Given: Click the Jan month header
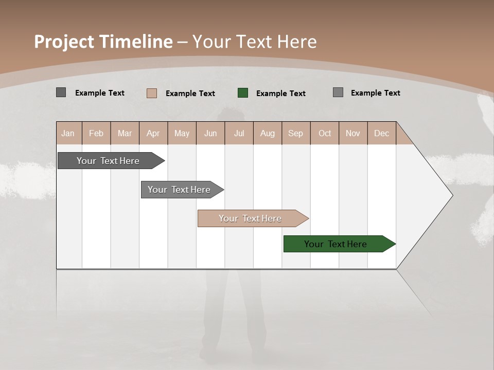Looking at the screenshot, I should tap(68, 133).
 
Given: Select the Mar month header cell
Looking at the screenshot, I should tap(125, 133).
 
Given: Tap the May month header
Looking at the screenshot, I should tap(182, 133).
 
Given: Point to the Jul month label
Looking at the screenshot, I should tap(239, 133).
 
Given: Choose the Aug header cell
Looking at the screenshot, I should tap(267, 133).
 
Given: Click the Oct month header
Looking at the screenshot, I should tap(325, 133).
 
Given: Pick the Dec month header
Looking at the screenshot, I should tap(381, 133).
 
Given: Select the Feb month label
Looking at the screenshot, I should tap(96, 133).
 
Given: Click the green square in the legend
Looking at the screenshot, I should tap(243, 93).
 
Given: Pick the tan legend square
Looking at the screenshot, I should tap(152, 93).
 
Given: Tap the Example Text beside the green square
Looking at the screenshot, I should tap(281, 94).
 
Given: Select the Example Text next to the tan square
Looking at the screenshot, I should tap(190, 94).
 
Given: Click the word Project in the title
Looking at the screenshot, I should tap(64, 42).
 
